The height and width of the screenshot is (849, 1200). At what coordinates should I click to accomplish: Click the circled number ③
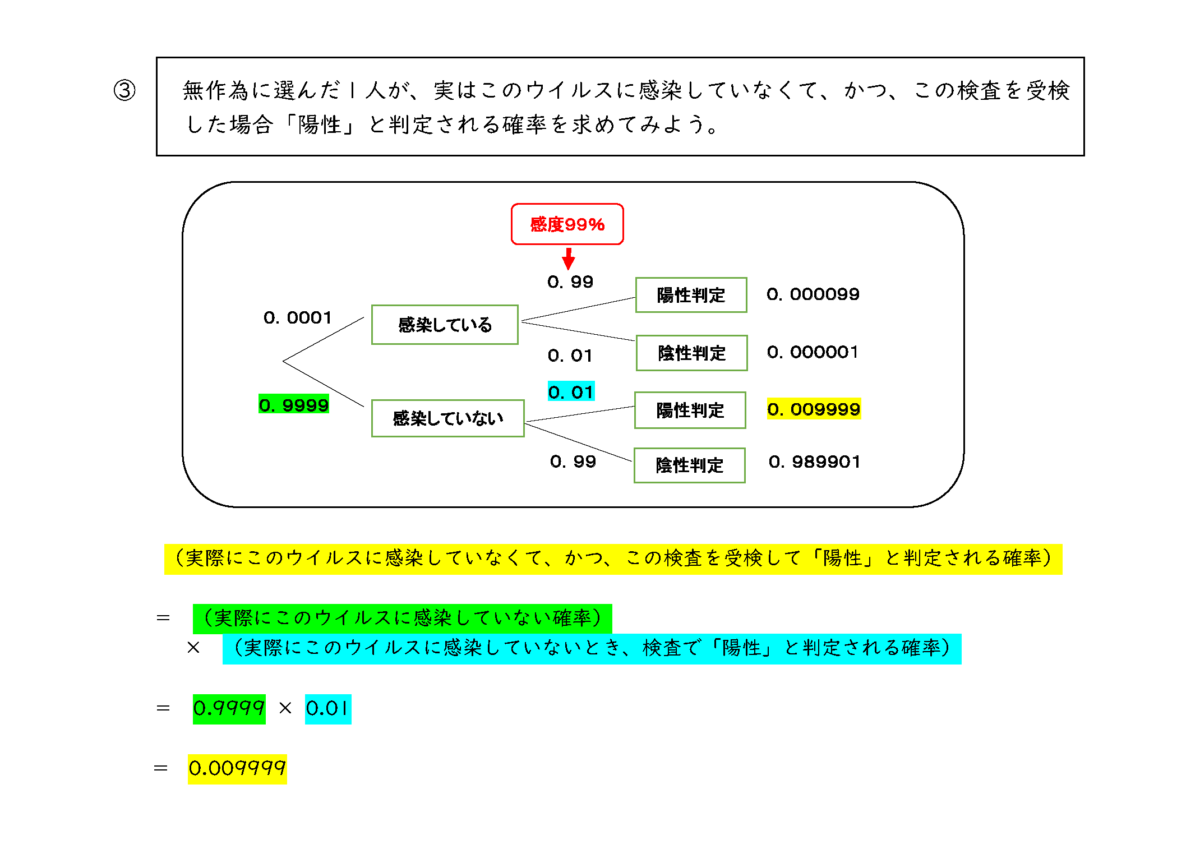coord(124,90)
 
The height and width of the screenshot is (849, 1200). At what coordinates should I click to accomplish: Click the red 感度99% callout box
coord(567,224)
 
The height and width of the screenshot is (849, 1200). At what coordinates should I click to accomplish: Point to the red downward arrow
coord(569,259)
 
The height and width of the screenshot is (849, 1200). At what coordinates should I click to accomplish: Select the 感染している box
coord(445,325)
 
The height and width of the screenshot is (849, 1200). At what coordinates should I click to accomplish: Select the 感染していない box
coord(447,418)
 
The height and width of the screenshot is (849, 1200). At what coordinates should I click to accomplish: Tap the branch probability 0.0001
coord(298,318)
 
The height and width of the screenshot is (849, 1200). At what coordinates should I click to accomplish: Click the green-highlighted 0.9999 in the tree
coord(294,405)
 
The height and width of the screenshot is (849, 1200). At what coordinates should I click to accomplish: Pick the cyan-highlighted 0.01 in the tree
coord(571,392)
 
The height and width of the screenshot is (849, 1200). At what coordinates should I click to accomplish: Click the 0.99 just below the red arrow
coord(570,282)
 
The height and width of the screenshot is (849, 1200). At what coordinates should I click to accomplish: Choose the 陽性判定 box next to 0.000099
coord(691,295)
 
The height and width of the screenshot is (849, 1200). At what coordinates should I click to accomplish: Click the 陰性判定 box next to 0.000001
coord(691,353)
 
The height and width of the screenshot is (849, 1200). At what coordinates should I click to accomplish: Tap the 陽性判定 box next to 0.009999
coord(690,410)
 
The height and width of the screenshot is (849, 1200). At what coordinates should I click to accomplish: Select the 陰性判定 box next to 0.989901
coord(689,465)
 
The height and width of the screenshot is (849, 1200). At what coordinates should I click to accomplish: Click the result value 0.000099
coord(813,294)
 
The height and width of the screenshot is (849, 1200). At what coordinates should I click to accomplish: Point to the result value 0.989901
coord(814,462)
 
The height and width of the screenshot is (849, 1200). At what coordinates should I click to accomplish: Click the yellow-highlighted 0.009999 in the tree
coord(814,409)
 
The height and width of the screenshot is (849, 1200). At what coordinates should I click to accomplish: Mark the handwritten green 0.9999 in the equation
coord(229,709)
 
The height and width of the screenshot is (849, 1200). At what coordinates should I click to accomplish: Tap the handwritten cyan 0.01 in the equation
coord(328,709)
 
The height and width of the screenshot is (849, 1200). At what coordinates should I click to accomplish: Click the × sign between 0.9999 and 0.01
coord(285,709)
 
